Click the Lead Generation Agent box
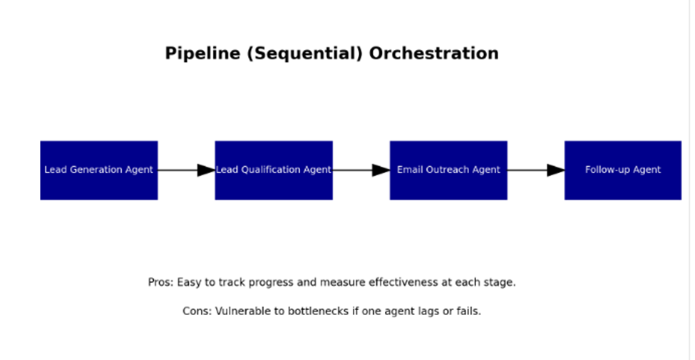pos(99,170)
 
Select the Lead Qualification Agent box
pos(274,170)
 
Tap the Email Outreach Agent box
pos(448,170)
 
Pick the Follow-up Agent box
pos(623,170)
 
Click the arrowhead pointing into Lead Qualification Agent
pos(207,170)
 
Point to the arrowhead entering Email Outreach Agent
pos(381,170)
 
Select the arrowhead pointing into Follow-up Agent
pos(556,170)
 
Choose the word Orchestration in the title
pos(434,53)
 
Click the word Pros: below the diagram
pos(161,282)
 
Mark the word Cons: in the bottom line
pos(197,312)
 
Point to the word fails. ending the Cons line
pos(470,312)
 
